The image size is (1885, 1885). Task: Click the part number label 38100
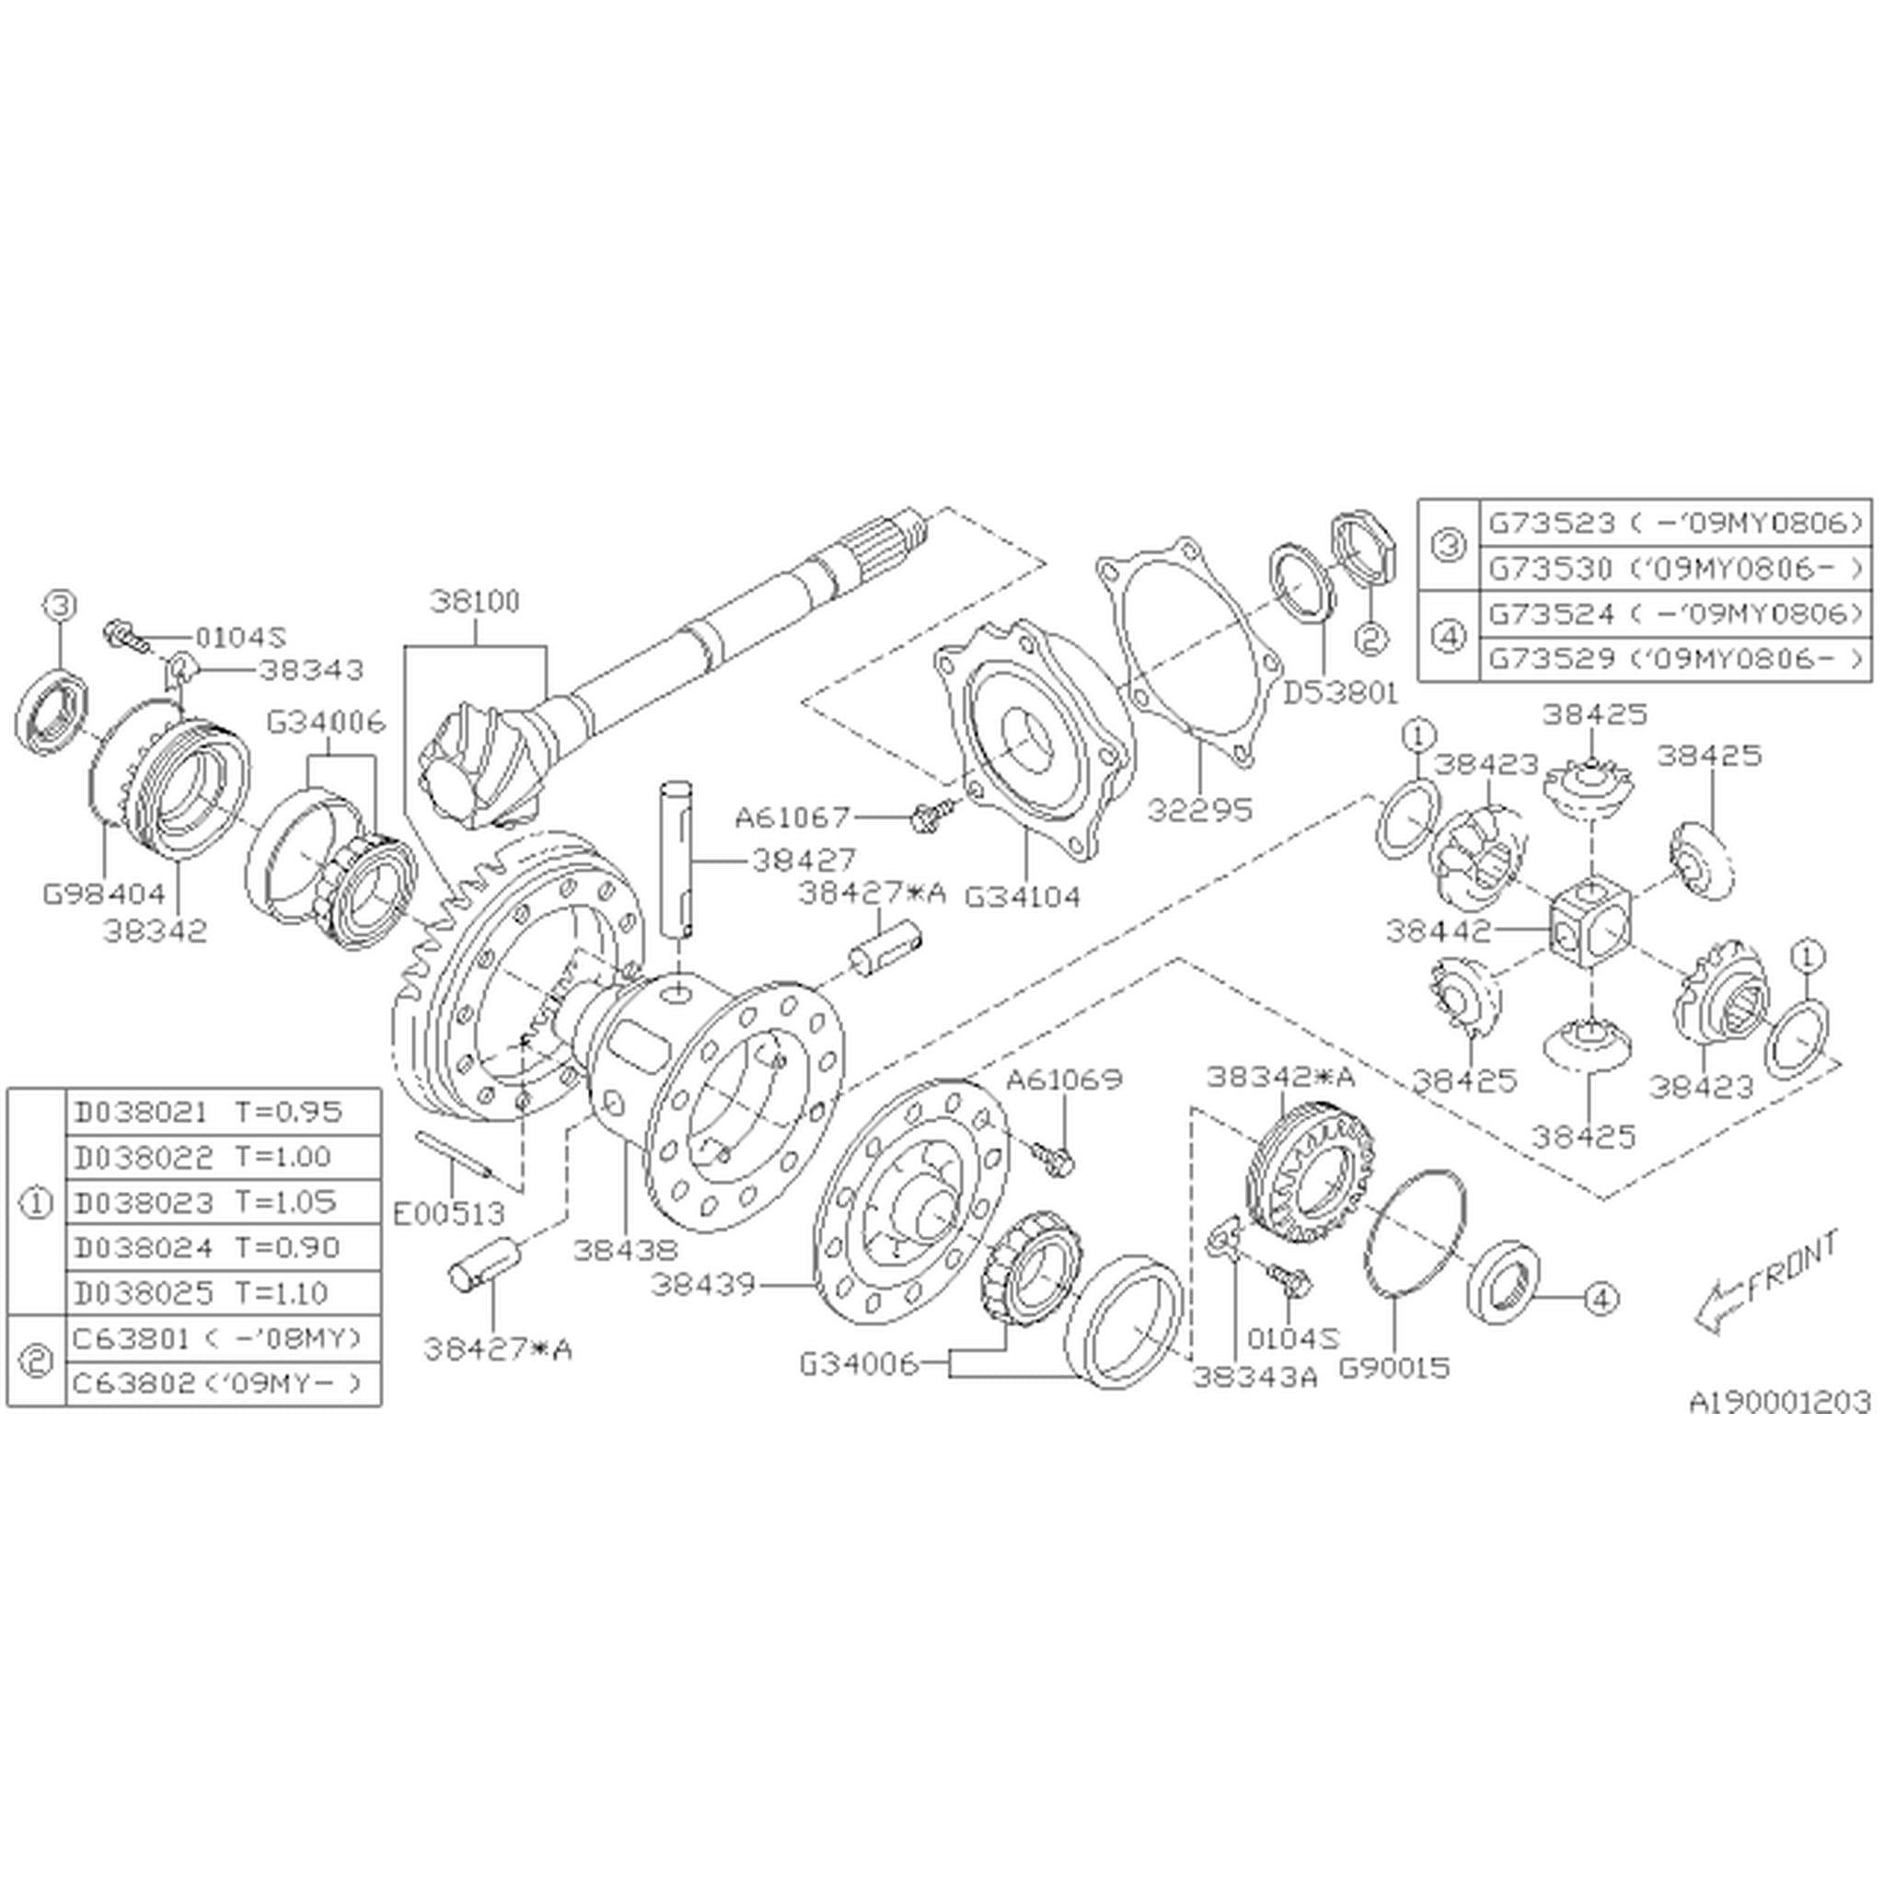click(x=476, y=601)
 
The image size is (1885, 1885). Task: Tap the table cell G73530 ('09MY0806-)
click(x=1674, y=568)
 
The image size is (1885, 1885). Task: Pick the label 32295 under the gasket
click(x=1199, y=810)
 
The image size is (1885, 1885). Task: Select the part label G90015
click(x=1394, y=1368)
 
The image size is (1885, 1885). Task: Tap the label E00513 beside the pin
click(x=449, y=1214)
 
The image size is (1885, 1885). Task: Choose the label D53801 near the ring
click(x=1339, y=693)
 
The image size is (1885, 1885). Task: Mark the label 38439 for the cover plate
click(x=703, y=1285)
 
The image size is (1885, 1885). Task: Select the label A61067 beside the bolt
click(x=792, y=815)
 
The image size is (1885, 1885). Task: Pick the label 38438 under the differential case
click(x=624, y=1250)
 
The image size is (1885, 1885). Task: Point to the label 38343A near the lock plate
click(x=1255, y=1376)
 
